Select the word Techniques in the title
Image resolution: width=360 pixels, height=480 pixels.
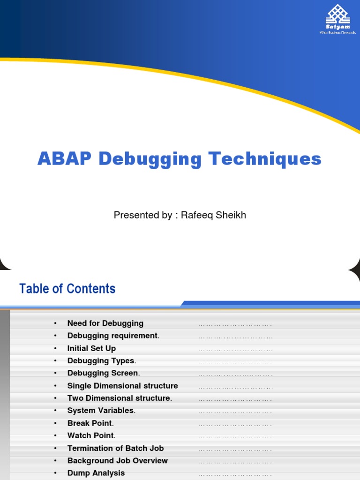[x=265, y=159]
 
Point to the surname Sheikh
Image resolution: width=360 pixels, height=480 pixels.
[x=230, y=215]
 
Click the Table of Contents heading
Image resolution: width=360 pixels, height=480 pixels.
[x=67, y=288]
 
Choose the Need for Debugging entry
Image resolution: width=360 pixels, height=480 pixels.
[x=105, y=323]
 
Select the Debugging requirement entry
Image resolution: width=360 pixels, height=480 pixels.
[x=113, y=336]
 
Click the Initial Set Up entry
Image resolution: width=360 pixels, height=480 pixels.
[x=91, y=348]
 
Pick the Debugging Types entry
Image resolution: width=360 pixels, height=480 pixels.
[x=101, y=361]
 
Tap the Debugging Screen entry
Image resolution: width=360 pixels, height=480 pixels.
[x=103, y=373]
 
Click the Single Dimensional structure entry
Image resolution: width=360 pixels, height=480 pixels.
[x=122, y=386]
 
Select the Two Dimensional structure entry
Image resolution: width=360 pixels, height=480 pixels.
[x=119, y=398]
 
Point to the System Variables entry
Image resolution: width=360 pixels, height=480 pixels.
[x=101, y=411]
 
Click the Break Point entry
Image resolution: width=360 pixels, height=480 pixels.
[x=90, y=423]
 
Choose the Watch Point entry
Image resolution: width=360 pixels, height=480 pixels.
[x=91, y=435]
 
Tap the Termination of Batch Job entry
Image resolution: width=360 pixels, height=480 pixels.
[x=115, y=448]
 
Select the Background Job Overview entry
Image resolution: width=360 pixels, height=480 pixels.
[x=117, y=461]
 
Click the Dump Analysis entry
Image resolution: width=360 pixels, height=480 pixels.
[x=96, y=473]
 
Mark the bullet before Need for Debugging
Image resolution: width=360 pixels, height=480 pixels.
[x=55, y=323]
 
